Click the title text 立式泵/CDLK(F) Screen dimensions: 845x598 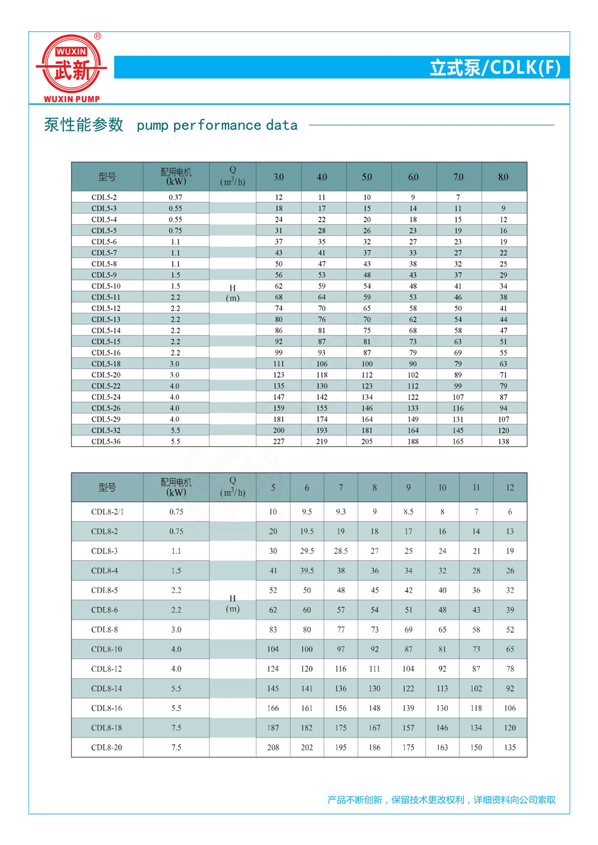pyautogui.click(x=495, y=68)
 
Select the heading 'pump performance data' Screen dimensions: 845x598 pyautogui.click(x=217, y=125)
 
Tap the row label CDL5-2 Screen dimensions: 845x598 pyautogui.click(x=104, y=197)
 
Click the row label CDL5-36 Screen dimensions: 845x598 pyautogui.click(x=106, y=442)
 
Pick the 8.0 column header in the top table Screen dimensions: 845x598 pyautogui.click(x=503, y=177)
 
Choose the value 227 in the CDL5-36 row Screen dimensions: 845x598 pyautogui.click(x=279, y=442)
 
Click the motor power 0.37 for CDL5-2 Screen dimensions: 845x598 pyautogui.click(x=175, y=197)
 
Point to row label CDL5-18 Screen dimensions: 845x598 pyautogui.click(x=106, y=364)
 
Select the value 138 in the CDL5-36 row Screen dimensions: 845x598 pyautogui.click(x=504, y=442)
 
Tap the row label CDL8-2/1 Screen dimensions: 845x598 pyautogui.click(x=107, y=512)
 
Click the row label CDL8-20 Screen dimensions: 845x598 pyautogui.click(x=106, y=748)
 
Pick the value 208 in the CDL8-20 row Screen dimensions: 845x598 pyautogui.click(x=273, y=748)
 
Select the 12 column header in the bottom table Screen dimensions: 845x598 pyautogui.click(x=510, y=488)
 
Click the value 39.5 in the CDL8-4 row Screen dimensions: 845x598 pyautogui.click(x=307, y=571)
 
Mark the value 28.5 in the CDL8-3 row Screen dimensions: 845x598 pyautogui.click(x=341, y=551)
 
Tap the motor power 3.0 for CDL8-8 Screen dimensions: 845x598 pyautogui.click(x=176, y=630)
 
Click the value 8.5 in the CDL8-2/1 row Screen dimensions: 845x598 pyautogui.click(x=408, y=512)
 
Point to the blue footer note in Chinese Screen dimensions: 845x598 pyautogui.click(x=441, y=800)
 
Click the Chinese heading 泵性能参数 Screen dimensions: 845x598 pyautogui.click(x=84, y=125)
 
